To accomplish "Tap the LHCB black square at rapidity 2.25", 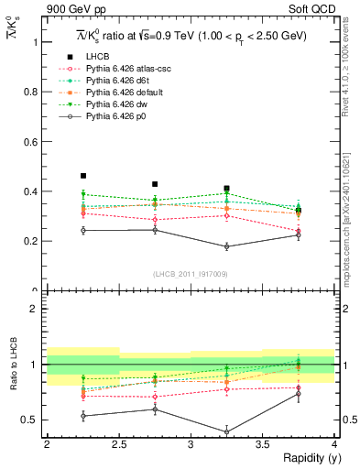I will (83, 176).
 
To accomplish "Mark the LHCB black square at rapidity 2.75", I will (155, 184).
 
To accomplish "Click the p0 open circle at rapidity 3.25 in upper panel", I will (226, 246).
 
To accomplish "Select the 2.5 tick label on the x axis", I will (119, 444).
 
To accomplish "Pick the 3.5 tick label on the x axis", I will (262, 444).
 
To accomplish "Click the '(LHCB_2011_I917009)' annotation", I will (190, 274).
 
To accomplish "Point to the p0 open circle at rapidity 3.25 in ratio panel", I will (226, 431).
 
